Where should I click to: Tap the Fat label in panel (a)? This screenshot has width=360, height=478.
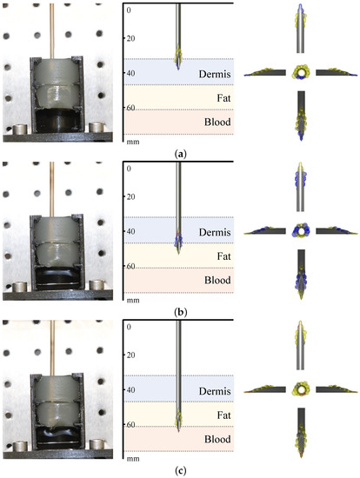click(x=219, y=97)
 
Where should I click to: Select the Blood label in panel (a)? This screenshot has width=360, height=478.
click(x=214, y=123)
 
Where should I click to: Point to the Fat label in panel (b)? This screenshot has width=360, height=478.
click(x=219, y=256)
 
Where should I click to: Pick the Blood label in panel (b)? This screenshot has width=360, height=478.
click(x=214, y=281)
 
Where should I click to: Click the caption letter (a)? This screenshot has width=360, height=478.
click(x=180, y=153)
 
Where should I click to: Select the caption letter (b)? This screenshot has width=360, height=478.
click(x=180, y=311)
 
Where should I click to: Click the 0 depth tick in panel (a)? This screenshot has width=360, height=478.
click(x=129, y=11)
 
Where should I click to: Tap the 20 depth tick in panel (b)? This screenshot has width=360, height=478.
click(x=131, y=196)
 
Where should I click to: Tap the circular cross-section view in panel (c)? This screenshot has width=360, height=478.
click(x=303, y=389)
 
